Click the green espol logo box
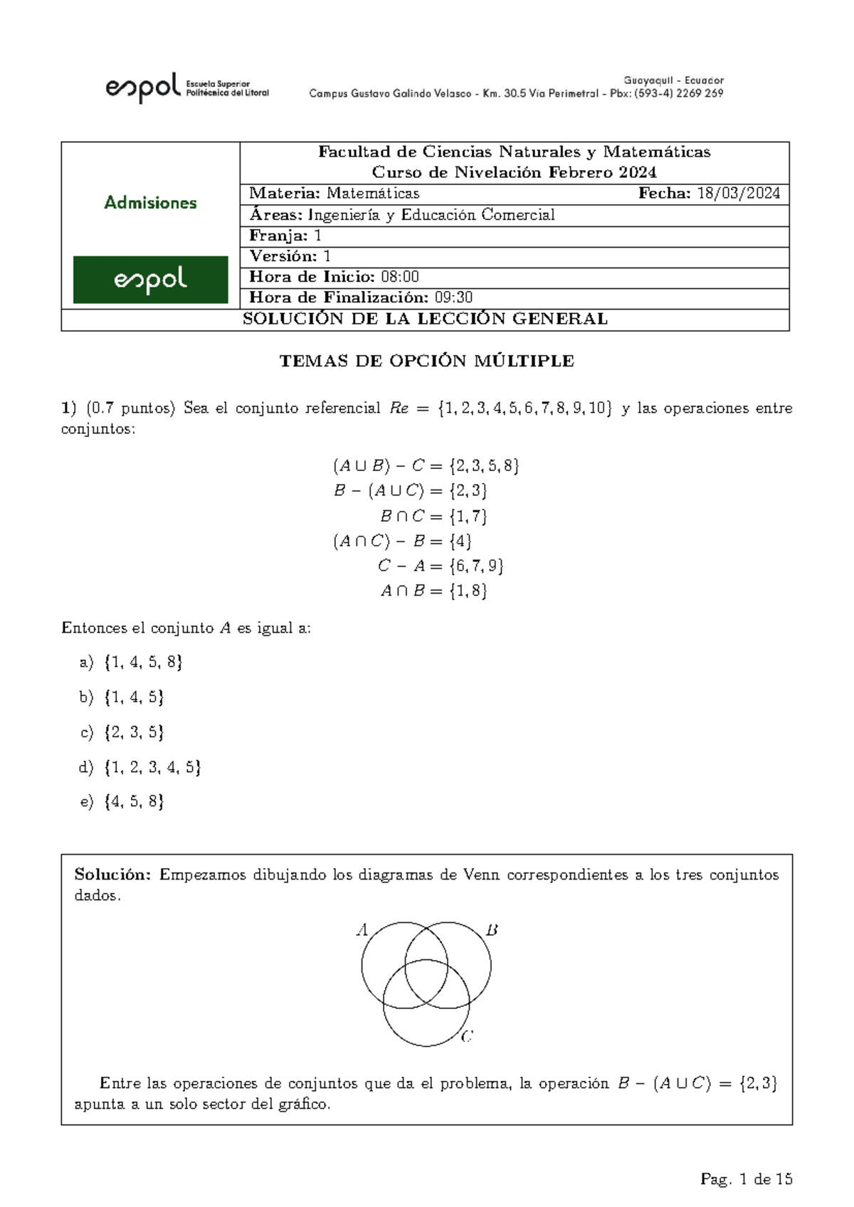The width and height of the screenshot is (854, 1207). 150,280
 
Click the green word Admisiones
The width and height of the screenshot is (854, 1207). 150,203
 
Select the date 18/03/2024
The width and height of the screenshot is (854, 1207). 738,194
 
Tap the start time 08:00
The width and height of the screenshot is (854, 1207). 400,277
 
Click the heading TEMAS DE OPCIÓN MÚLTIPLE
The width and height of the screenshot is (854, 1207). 426,361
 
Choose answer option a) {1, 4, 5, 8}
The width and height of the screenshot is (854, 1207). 132,663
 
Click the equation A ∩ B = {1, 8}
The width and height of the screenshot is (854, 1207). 433,591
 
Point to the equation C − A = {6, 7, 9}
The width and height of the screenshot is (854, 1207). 441,566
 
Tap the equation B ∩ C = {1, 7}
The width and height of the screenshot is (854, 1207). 433,516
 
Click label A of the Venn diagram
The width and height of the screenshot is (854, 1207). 362,929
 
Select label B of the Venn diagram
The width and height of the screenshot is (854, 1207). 492,929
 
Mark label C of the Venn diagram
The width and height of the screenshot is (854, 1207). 467,1037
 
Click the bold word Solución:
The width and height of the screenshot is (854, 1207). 112,875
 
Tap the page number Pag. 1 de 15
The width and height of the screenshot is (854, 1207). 746,1179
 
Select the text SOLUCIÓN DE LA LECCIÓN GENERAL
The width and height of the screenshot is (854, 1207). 425,320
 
